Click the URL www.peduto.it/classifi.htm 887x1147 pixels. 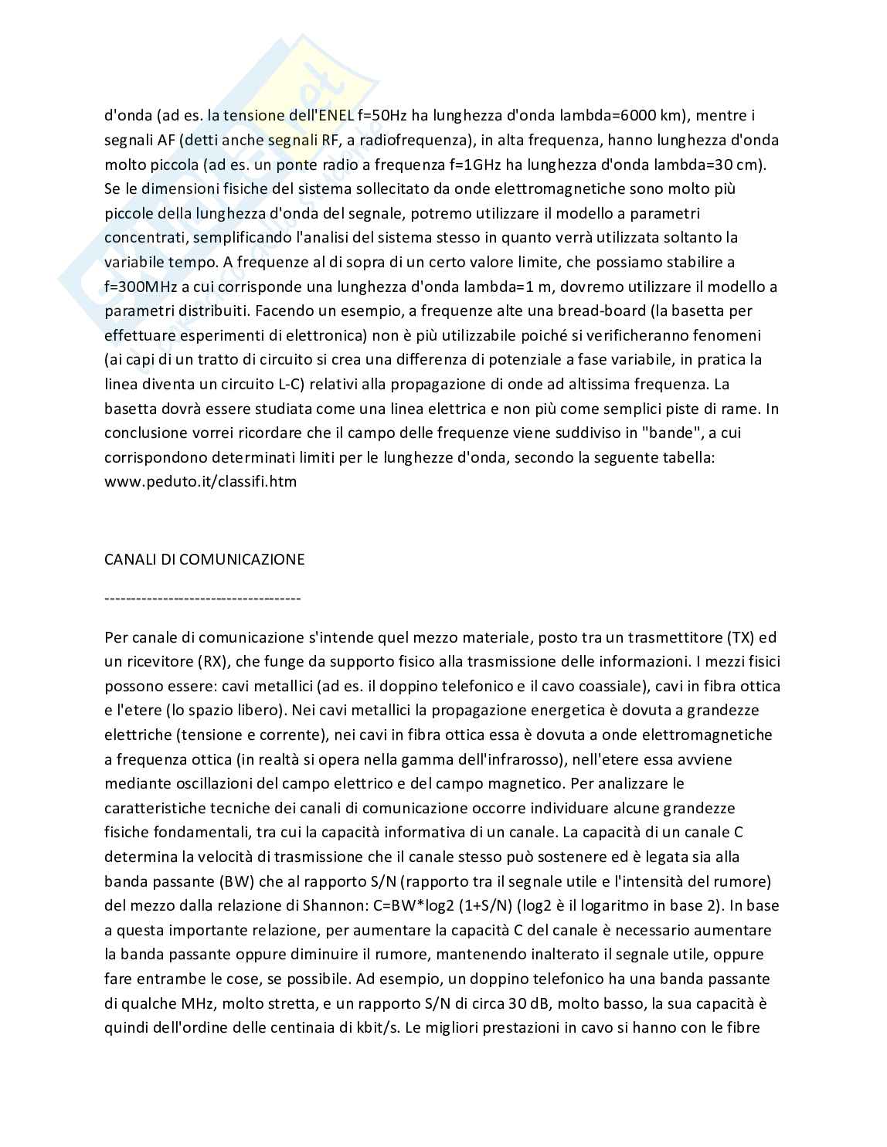click(x=200, y=481)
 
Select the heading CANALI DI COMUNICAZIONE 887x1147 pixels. click(x=204, y=559)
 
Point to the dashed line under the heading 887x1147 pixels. click(x=202, y=598)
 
